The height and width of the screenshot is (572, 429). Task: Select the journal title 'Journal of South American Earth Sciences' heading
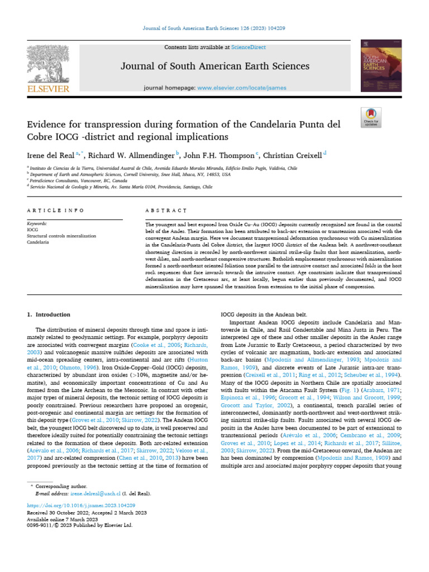coord(215,66)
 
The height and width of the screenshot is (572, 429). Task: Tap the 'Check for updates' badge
coord(371,116)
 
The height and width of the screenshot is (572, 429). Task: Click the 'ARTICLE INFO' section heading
coord(55,211)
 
